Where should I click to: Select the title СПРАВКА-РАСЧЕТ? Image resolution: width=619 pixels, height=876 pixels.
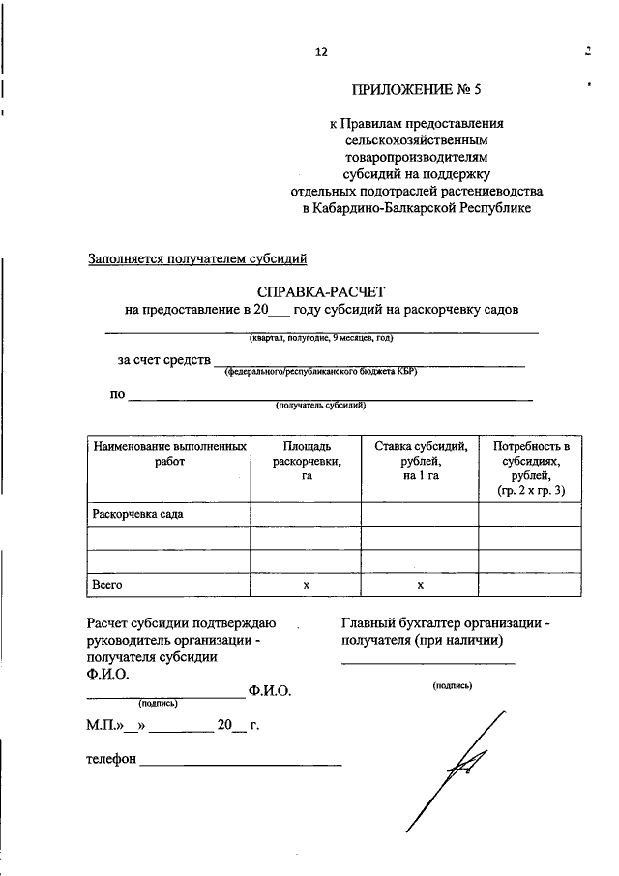[321, 290]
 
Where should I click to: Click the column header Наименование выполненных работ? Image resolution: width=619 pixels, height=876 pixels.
[168, 454]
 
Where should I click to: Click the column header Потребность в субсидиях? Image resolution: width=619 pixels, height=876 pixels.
[531, 468]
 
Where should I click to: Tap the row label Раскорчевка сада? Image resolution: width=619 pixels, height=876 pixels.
[137, 514]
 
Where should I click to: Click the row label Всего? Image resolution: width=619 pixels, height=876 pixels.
[106, 585]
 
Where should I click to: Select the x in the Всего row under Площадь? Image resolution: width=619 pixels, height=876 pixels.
[306, 585]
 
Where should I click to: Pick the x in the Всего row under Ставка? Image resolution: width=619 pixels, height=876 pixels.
[421, 585]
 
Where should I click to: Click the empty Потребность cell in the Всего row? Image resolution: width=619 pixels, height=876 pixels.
[531, 585]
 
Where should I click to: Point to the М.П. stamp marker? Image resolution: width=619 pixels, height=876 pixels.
[102, 724]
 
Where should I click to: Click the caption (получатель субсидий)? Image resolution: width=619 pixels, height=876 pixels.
[320, 406]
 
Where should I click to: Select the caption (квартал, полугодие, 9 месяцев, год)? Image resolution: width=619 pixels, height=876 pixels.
[320, 338]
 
